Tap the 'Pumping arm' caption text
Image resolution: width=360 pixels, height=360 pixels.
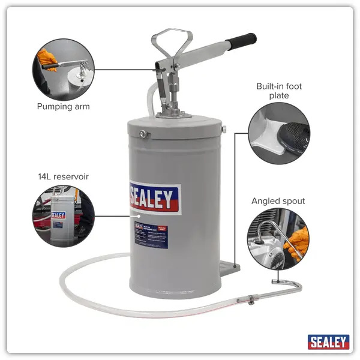click(x=63, y=107)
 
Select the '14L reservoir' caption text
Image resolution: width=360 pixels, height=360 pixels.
click(x=62, y=176)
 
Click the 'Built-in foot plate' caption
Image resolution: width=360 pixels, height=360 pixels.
click(x=279, y=91)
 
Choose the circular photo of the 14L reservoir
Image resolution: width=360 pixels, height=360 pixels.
click(x=63, y=217)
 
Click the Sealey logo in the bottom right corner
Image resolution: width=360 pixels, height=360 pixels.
click(x=328, y=342)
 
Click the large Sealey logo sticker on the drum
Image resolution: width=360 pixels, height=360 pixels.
click(x=154, y=197)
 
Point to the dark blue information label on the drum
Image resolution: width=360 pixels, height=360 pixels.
click(x=151, y=235)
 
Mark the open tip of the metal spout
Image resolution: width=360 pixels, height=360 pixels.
click(x=274, y=281)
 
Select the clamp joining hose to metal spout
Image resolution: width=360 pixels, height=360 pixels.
click(x=247, y=300)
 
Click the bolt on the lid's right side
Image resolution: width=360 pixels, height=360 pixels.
click(x=223, y=128)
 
